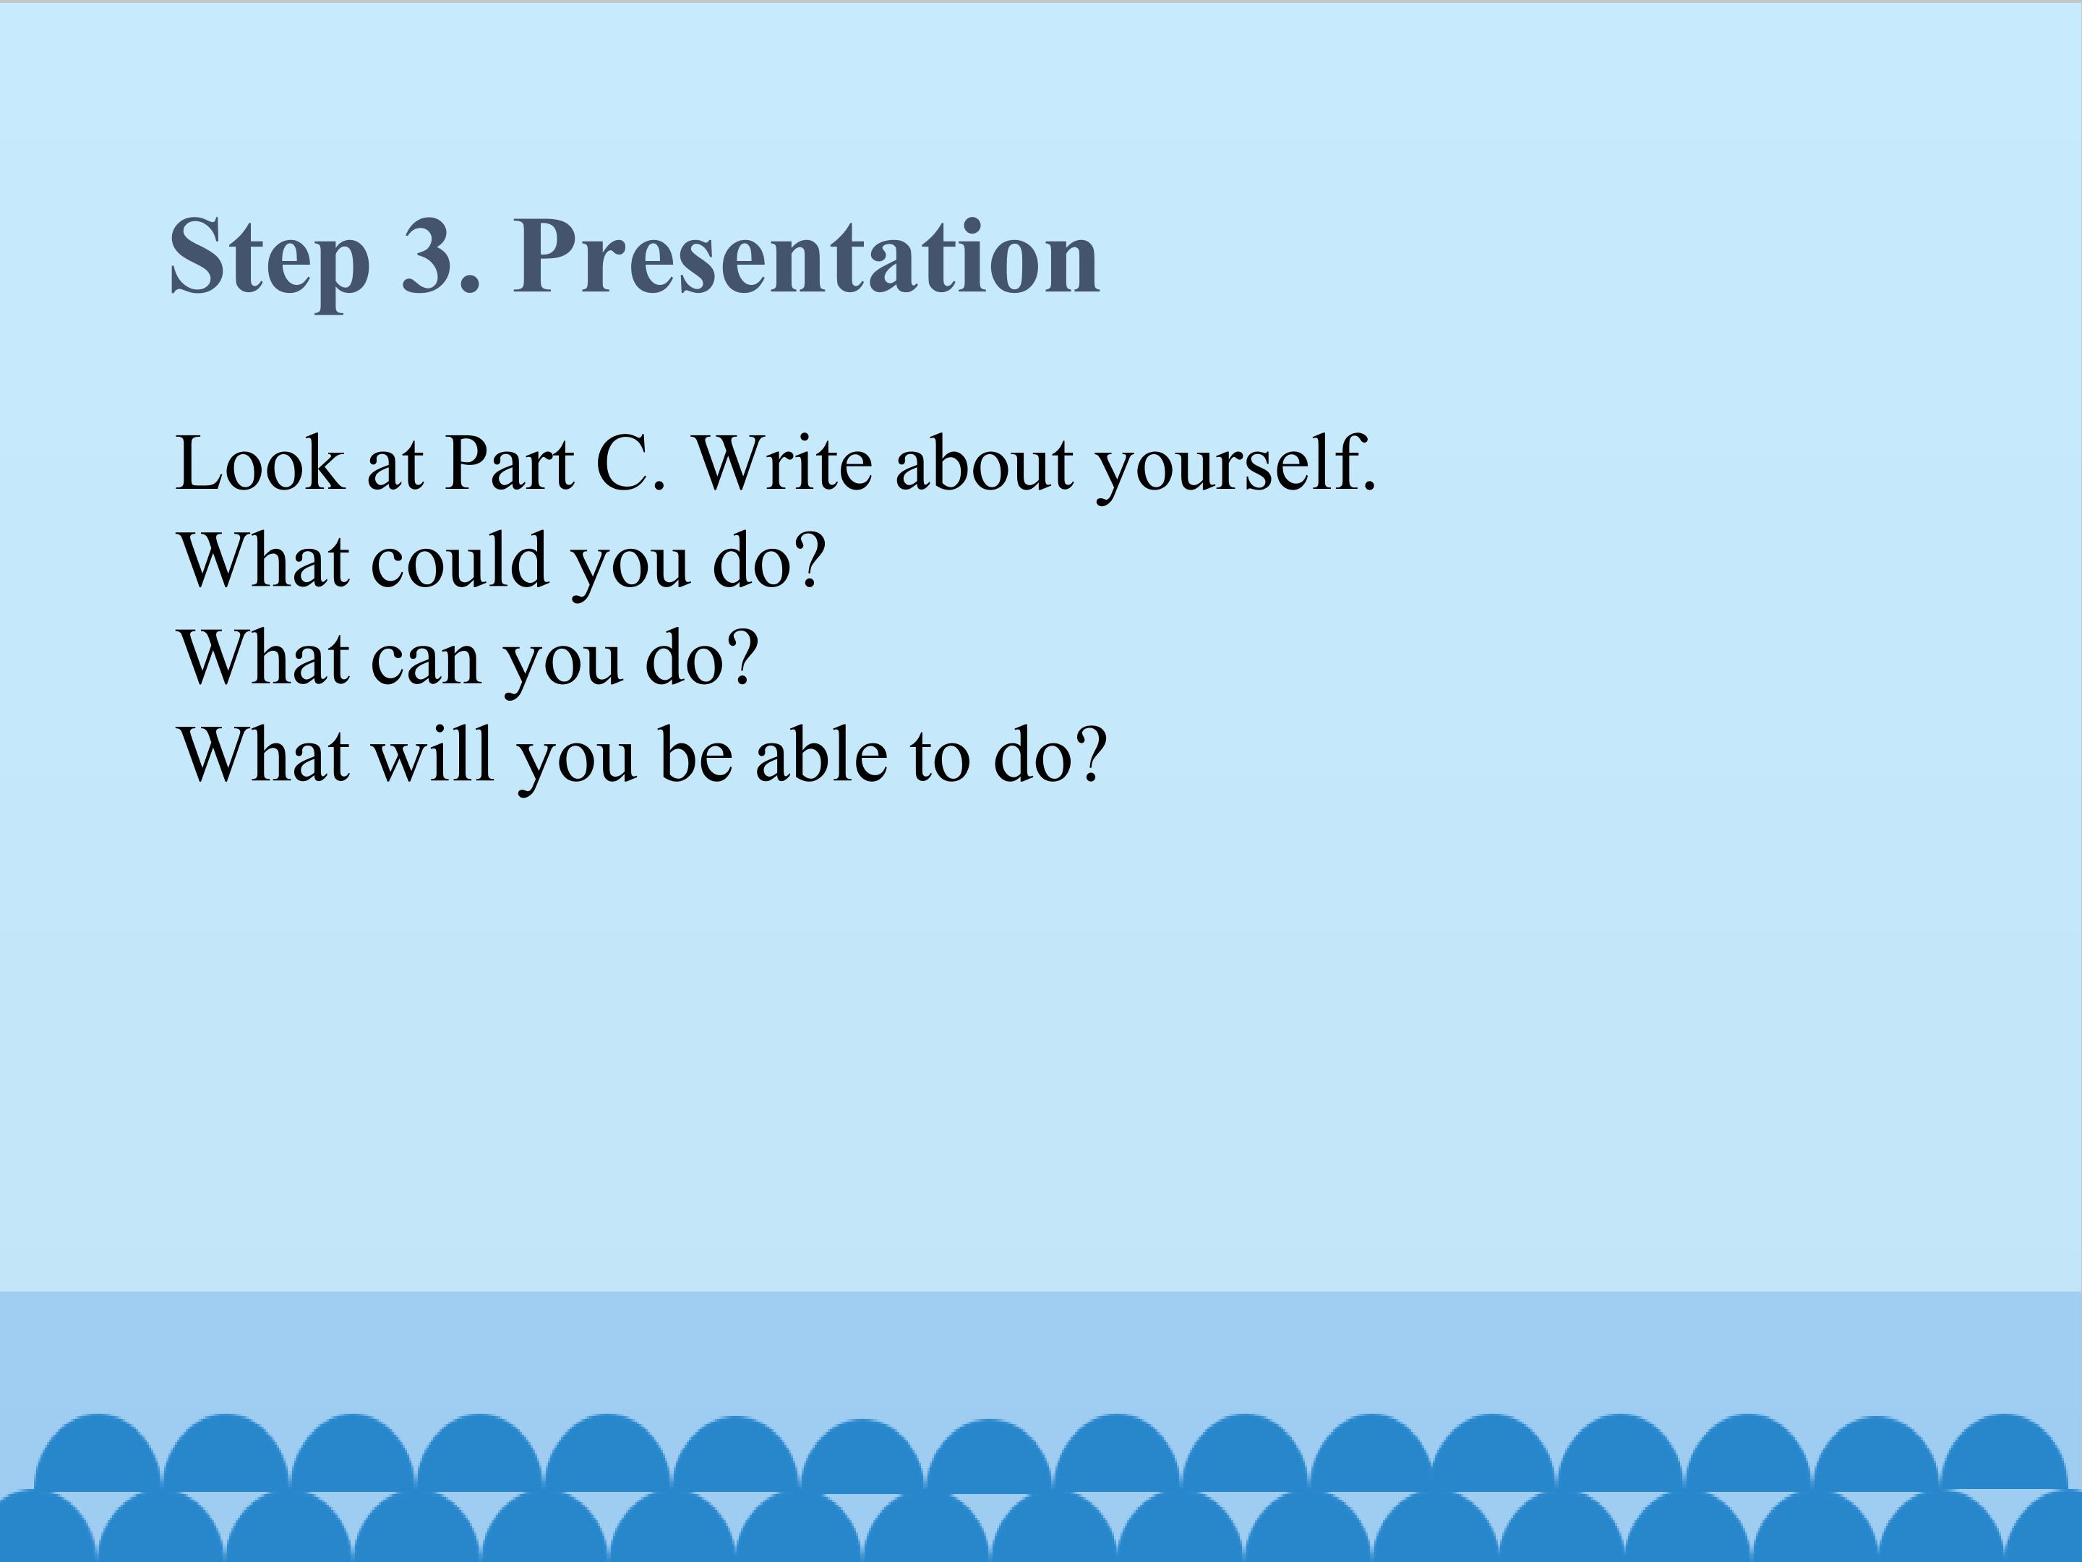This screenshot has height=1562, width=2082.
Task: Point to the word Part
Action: coord(509,464)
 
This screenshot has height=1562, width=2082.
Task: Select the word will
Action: coord(433,754)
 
